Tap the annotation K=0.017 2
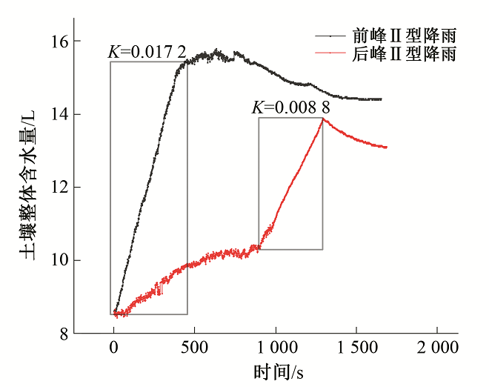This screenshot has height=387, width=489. pos(147,53)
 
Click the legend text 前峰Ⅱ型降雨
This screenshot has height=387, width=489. pos(404,35)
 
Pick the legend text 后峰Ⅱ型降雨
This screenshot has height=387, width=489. pos(404,54)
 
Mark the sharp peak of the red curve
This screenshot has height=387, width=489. pos(322,119)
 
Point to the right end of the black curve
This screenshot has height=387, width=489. pos(381,99)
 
